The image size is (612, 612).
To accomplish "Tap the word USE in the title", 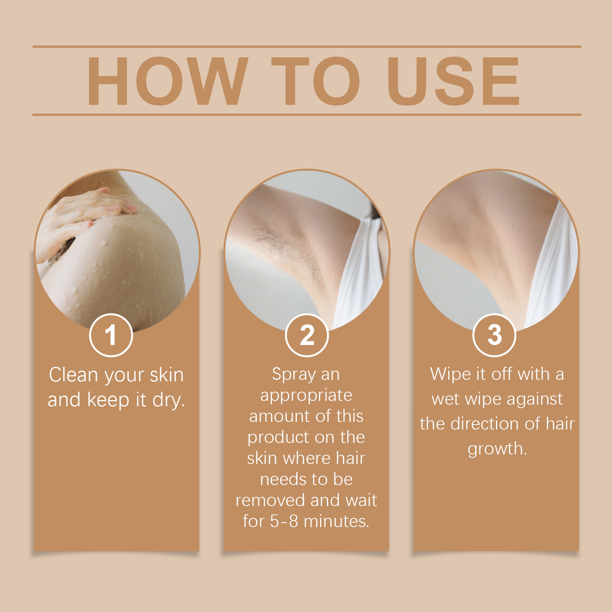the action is (454, 81).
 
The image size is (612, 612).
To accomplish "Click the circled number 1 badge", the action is (111, 335).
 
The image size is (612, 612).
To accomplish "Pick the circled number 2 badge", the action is (307, 335).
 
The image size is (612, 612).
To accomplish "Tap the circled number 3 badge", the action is (495, 335).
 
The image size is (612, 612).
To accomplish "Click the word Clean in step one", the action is (73, 375).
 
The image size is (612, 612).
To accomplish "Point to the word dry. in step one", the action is (169, 400).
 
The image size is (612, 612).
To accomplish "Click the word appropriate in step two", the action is (306, 396).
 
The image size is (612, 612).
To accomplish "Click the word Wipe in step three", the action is (450, 374).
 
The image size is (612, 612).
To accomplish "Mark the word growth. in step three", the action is (497, 449).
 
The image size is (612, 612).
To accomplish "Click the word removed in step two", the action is (270, 500).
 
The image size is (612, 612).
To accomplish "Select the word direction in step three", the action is (484, 424).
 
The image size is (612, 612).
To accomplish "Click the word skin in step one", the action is (167, 375).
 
